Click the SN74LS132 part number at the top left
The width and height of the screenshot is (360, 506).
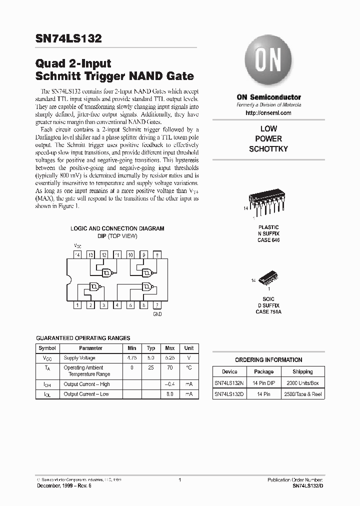(x=68, y=39)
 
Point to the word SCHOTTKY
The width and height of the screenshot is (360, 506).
(x=268, y=149)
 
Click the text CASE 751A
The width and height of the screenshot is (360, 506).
(x=268, y=311)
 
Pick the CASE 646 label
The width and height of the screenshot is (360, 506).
(x=268, y=240)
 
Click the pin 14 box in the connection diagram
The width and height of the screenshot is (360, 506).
(x=77, y=254)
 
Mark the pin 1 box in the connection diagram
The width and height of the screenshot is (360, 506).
(x=77, y=305)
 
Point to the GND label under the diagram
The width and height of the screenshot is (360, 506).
(x=157, y=314)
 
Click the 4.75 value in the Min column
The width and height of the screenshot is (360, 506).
(x=132, y=358)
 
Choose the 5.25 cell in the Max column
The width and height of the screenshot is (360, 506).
(x=169, y=358)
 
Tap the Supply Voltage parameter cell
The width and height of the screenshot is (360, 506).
(x=79, y=358)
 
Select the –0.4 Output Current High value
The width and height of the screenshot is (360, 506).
(x=169, y=384)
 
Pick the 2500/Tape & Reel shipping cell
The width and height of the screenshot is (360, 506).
(x=302, y=394)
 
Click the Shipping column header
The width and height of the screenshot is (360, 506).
(x=302, y=371)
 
